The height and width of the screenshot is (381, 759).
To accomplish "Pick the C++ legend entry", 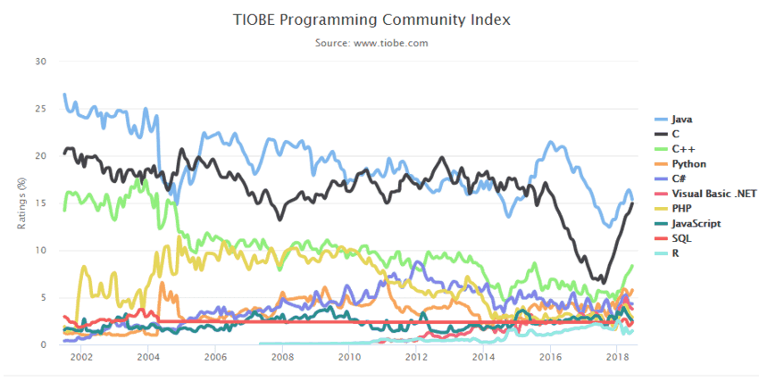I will click(x=682, y=148).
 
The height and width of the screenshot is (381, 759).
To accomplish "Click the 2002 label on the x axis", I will click(x=81, y=356).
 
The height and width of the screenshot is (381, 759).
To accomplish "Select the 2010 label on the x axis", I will click(x=349, y=356).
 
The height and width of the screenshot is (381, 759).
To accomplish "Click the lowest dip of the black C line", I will click(x=605, y=284).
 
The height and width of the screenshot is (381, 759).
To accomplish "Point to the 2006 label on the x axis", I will click(x=215, y=356).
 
